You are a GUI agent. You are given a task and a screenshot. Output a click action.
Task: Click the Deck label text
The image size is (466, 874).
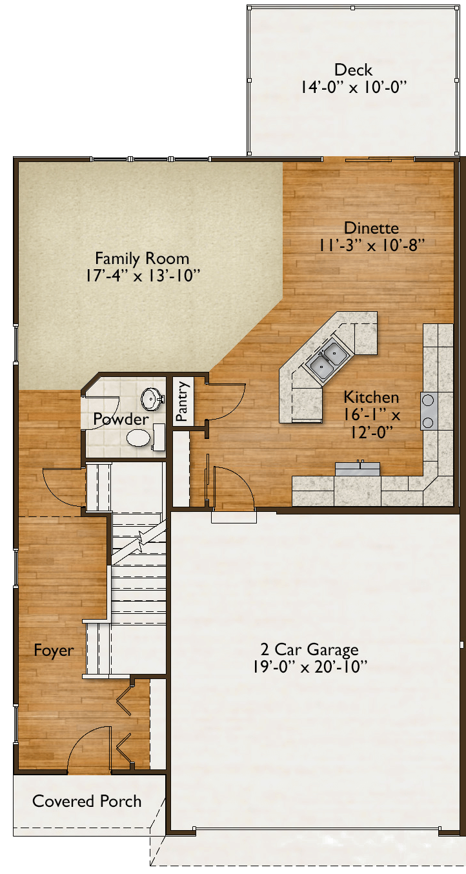tap(353, 70)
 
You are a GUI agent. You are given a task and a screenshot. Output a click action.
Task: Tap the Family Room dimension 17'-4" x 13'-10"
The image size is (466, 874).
tap(143, 276)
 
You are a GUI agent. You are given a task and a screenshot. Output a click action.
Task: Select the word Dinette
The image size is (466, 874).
tap(372, 228)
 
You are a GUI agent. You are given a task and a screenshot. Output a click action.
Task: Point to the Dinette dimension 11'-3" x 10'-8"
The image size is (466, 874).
tap(372, 245)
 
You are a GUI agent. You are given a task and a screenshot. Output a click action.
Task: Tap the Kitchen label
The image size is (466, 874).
tap(371, 397)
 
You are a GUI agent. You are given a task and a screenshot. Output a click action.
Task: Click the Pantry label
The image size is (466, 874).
tap(182, 401)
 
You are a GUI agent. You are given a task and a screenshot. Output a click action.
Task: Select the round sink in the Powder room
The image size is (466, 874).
tap(150, 399)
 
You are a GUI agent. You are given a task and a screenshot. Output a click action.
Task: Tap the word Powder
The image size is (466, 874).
tap(121, 419)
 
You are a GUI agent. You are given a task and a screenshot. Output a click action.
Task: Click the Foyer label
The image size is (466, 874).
tap(54, 650)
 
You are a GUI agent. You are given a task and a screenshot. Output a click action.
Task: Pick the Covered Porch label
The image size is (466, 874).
tap(86, 801)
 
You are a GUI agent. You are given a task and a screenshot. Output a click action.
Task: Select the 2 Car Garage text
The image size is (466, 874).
tap(309, 649)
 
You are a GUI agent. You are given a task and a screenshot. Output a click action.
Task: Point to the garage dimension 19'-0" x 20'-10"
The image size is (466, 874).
tap(310, 667)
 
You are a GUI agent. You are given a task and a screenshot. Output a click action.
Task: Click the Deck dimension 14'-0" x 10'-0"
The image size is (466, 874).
tap(353, 87)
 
